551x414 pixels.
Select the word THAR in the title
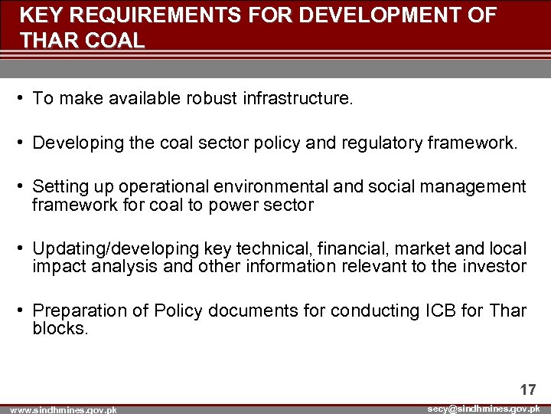click(x=48, y=41)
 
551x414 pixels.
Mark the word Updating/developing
click(x=116, y=249)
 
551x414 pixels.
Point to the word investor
click(x=495, y=267)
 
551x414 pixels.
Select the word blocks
click(x=60, y=328)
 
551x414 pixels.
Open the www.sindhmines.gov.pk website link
click(x=64, y=410)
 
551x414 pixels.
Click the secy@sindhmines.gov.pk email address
click(x=484, y=409)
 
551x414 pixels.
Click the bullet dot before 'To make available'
click(x=24, y=99)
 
